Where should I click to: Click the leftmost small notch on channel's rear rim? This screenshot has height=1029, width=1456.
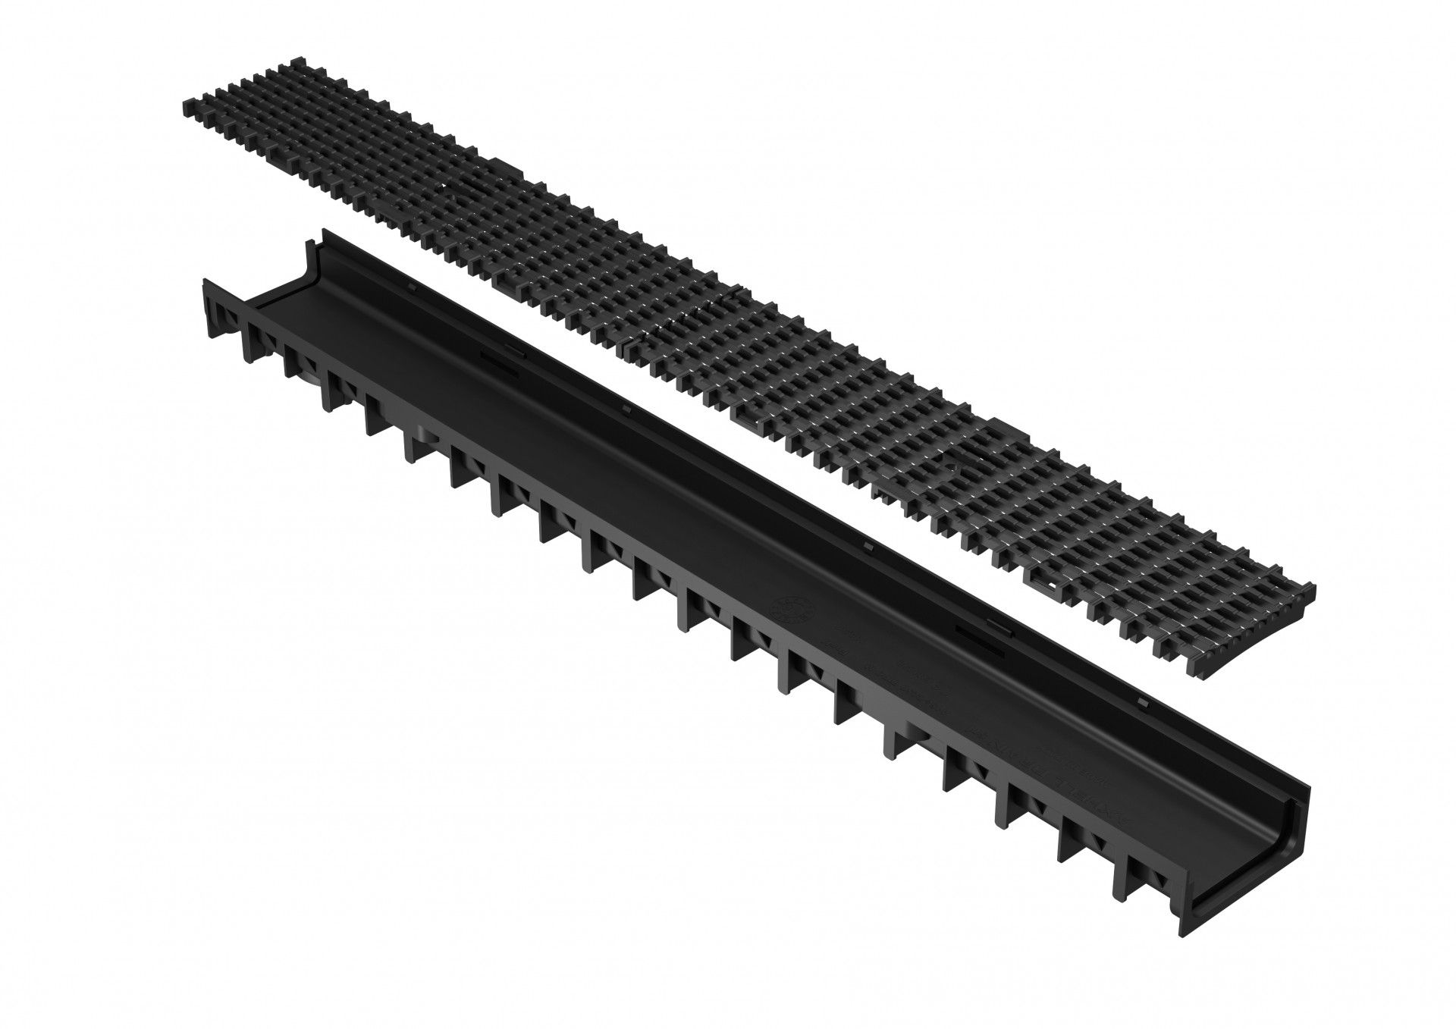(410, 287)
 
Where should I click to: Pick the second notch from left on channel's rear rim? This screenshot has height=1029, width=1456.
(626, 410)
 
